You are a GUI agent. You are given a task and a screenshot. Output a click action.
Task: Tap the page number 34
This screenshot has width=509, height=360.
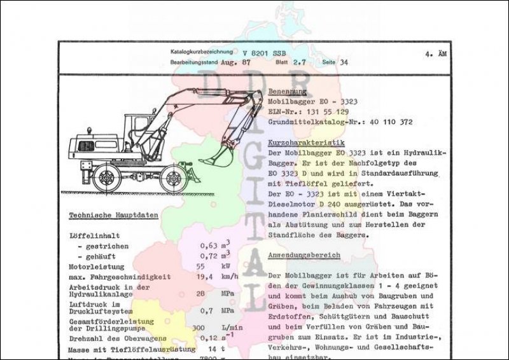pyautogui.click(x=344, y=63)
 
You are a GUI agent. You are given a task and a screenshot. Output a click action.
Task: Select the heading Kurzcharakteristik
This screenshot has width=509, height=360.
pyautogui.click(x=307, y=144)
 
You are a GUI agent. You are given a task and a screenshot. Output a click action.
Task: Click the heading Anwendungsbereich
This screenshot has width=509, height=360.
pyautogui.click(x=304, y=255)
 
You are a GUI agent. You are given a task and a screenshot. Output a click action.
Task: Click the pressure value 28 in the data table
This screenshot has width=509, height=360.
pyautogui.click(x=200, y=294)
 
